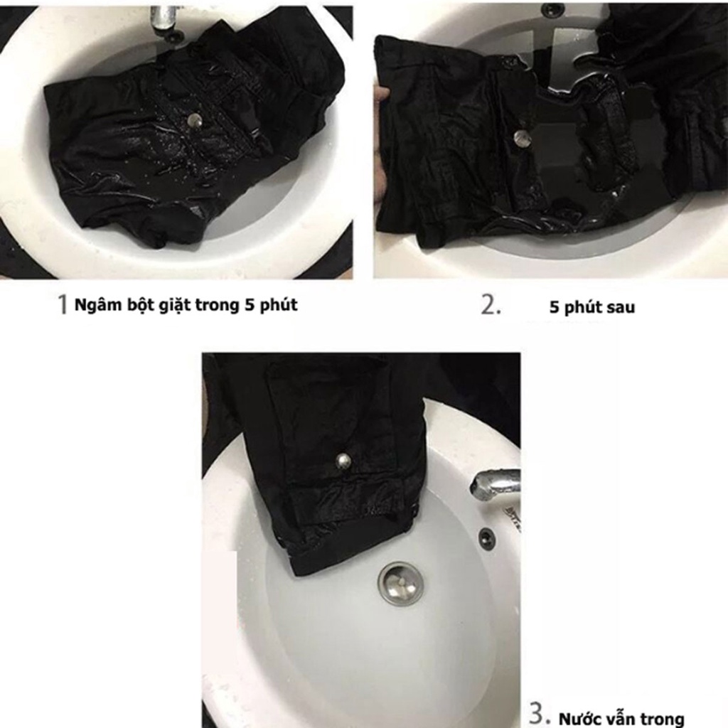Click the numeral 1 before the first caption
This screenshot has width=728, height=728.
click(x=63, y=304)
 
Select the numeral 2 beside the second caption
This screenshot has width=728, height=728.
click(x=491, y=305)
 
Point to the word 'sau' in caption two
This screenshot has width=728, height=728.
click(x=620, y=307)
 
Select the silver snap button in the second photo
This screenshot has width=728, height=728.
click(x=521, y=137)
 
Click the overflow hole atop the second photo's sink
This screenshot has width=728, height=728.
click(x=552, y=8)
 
